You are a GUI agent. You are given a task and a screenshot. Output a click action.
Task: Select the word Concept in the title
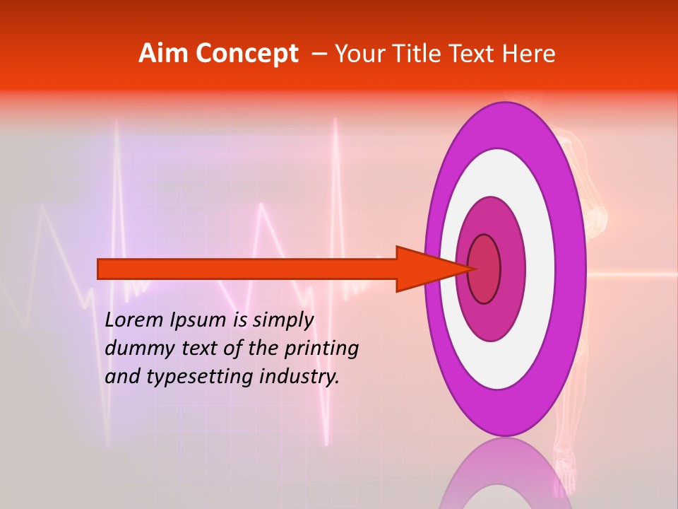pos(247,54)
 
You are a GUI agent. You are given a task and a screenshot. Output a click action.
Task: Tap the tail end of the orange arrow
pos(102,269)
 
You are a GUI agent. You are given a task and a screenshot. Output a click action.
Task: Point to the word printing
pos(321,349)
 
